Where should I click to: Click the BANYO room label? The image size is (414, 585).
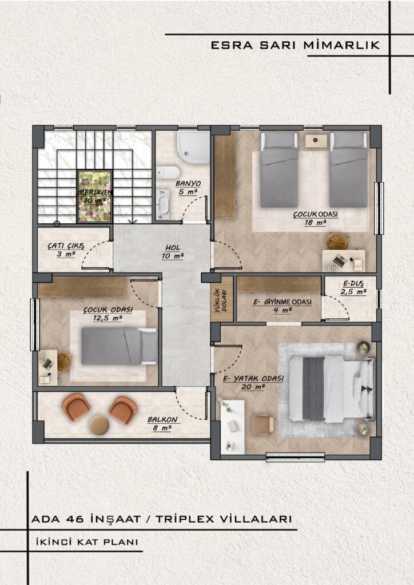[x=188, y=183]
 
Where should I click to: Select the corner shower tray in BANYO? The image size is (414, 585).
[x=194, y=147]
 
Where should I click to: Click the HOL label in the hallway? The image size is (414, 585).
[x=173, y=248]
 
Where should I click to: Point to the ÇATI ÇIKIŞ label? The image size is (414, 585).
[x=66, y=246]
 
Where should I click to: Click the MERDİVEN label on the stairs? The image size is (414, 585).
[x=95, y=192]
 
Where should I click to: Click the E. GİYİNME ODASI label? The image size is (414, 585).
[x=282, y=302]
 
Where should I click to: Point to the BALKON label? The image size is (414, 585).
[x=162, y=420]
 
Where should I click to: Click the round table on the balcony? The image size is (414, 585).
[x=99, y=425]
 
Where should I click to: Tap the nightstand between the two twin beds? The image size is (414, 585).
[x=316, y=141]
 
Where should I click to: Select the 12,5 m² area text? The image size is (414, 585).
[x=108, y=318]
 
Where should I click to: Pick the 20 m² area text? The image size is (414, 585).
[x=253, y=387]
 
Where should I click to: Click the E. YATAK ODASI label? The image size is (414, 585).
[x=253, y=379]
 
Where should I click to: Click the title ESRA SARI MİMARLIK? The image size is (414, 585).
[x=295, y=45]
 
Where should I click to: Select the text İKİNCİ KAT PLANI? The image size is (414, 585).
[x=87, y=542]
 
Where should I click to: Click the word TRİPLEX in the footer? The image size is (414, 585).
[x=185, y=519]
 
